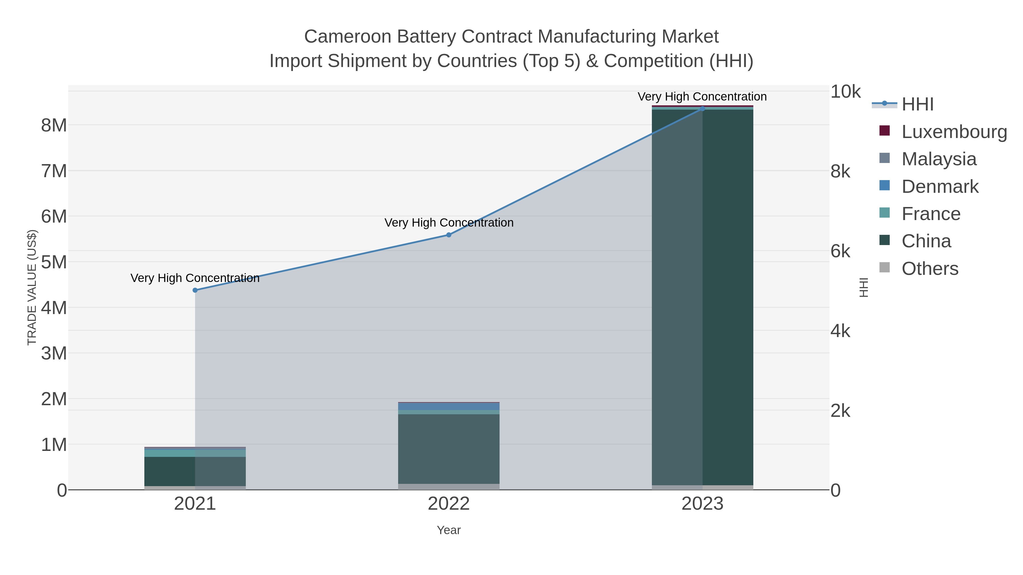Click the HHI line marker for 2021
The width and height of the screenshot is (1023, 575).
coord(195,290)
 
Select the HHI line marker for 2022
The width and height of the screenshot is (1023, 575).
coord(449,235)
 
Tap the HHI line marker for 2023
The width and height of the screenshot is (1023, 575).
coord(702,108)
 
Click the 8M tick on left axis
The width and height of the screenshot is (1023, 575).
coord(54,126)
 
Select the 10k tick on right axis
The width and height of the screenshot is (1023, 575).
coord(845,92)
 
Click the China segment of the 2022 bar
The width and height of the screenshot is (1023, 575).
coord(449,448)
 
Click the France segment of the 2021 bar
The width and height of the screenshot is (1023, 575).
coord(195,453)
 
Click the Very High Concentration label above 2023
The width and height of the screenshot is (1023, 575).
coord(702,97)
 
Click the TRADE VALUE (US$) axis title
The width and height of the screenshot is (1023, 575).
coord(32,287)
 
